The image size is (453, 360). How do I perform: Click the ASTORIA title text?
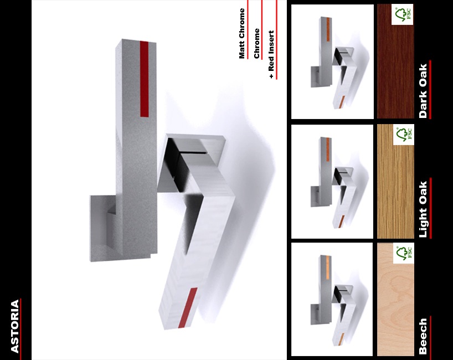(15, 326)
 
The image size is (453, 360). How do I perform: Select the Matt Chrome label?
(242, 34)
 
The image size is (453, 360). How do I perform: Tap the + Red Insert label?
(271, 54)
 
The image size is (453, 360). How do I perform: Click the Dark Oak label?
(423, 91)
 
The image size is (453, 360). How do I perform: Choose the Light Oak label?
(423, 209)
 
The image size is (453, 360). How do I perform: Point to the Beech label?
(423, 336)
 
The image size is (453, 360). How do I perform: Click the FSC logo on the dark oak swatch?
(403, 14)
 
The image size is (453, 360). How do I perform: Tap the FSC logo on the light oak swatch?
(404, 135)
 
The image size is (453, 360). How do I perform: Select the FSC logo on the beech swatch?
(404, 253)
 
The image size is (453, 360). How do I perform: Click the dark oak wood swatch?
(395, 61)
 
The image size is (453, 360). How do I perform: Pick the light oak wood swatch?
(395, 182)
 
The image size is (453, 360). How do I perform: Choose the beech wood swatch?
(395, 299)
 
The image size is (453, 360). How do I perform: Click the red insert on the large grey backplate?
(145, 79)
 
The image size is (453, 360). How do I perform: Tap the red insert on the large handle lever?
(188, 308)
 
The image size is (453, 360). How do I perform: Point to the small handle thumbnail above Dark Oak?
(332, 61)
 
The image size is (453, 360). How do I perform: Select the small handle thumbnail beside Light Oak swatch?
(332, 182)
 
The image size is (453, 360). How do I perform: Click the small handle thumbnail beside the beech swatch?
(332, 299)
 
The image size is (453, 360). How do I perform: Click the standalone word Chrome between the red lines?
(256, 44)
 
